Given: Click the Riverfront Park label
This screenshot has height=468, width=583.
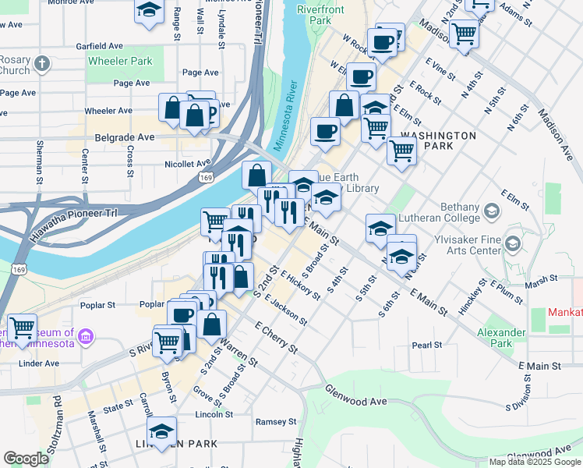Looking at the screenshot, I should pyautogui.click(x=320, y=15).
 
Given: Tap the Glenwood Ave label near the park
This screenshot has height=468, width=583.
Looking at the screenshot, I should pyautogui.click(x=356, y=401).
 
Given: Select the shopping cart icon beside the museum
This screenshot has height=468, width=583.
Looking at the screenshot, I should pyautogui.click(x=22, y=327).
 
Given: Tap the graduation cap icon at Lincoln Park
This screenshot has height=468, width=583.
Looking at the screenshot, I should pyautogui.click(x=161, y=431).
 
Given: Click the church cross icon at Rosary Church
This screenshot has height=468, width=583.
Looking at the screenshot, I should pyautogui.click(x=44, y=63).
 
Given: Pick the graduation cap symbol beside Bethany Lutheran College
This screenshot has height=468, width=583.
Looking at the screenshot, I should pyautogui.click(x=492, y=211).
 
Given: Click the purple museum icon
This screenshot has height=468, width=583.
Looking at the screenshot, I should pyautogui.click(x=87, y=337).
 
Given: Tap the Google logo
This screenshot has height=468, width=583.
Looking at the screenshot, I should pyautogui.click(x=26, y=459).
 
